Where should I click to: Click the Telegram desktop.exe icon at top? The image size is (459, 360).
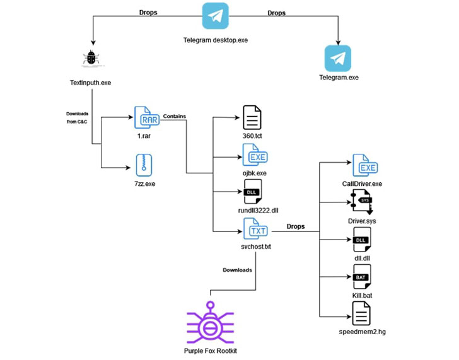point(215,16)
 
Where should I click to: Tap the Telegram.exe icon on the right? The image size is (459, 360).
point(338,58)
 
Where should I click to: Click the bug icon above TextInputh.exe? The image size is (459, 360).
point(93,59)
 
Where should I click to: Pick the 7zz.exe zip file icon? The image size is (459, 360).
point(144,165)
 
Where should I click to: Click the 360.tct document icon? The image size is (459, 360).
point(252,118)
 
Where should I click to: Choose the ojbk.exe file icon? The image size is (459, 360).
point(252,154)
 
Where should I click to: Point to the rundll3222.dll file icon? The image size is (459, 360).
point(252,191)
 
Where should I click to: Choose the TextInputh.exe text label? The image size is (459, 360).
point(93,83)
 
